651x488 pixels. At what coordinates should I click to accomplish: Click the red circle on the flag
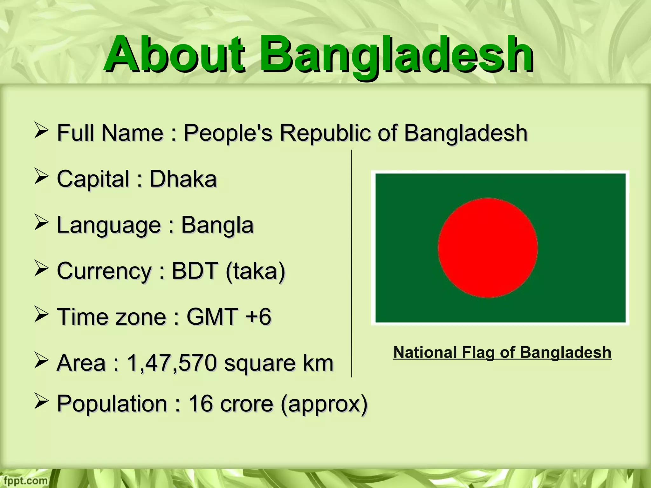[x=488, y=248]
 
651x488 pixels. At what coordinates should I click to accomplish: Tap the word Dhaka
[x=183, y=179]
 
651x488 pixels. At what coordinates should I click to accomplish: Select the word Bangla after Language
[x=217, y=225]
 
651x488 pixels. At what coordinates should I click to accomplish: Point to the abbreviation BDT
[x=195, y=271]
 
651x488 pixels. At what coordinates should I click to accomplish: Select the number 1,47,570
[x=172, y=363]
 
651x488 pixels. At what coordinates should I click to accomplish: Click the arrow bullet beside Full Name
[x=41, y=131]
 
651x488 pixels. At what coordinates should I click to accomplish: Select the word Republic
[x=325, y=133]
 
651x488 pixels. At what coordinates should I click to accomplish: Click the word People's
[x=228, y=133]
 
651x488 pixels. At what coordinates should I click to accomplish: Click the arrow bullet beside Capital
[x=41, y=177]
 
